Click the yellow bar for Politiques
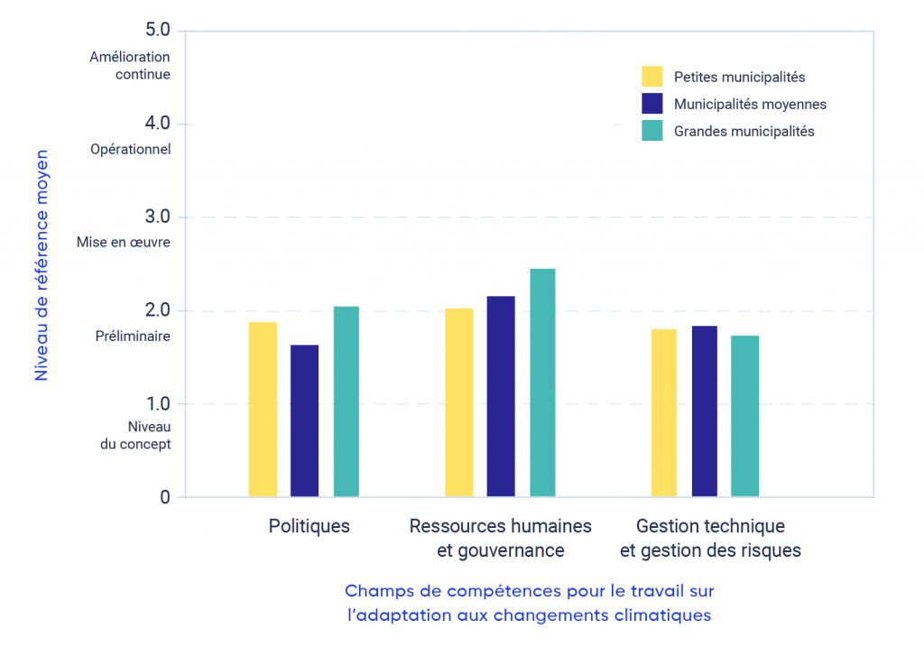point(263,409)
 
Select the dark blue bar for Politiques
point(305,420)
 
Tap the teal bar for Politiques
point(346,402)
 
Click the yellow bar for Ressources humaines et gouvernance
point(459,402)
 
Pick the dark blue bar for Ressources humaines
point(501,396)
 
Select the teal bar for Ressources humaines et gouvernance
point(542,383)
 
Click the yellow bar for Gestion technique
point(664,412)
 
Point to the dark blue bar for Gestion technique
point(705,411)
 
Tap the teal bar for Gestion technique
point(745,416)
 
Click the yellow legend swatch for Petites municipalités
point(651,77)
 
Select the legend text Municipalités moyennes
point(750,104)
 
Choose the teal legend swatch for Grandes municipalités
point(651,131)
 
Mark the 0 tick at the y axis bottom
point(165,497)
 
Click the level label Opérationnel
point(131,149)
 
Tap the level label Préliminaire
point(134,336)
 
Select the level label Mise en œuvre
point(123,242)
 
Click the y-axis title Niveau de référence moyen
point(42,265)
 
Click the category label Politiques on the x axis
point(309,526)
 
